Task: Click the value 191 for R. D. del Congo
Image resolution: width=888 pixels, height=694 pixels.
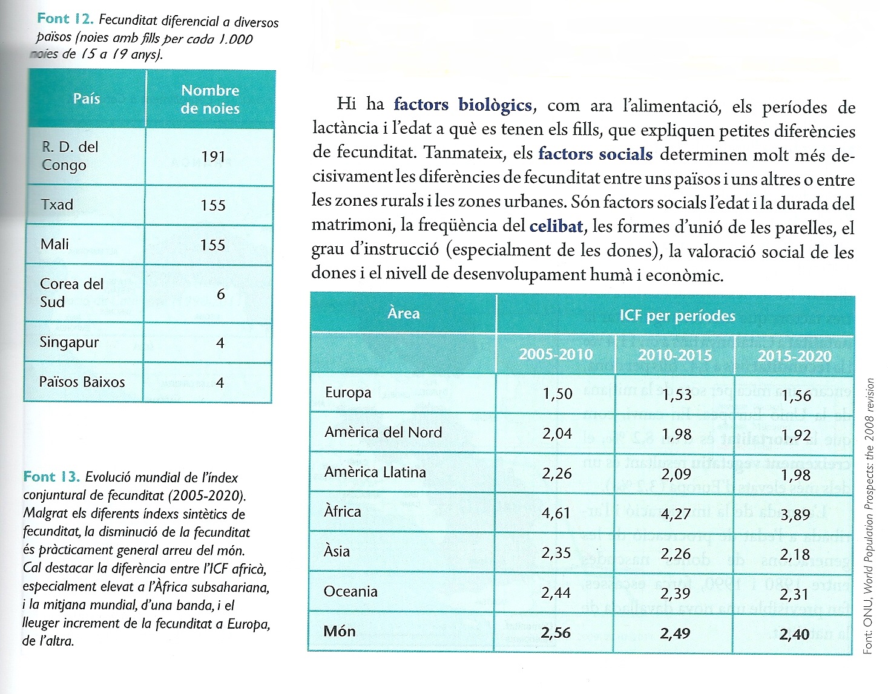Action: click(213, 157)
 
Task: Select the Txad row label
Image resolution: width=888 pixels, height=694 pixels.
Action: click(57, 205)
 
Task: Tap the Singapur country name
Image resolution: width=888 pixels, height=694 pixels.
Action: click(69, 342)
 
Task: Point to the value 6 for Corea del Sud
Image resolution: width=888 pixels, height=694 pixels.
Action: click(220, 294)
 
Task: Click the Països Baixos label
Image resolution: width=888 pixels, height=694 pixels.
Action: click(82, 382)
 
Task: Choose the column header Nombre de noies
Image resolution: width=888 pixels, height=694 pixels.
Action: click(210, 99)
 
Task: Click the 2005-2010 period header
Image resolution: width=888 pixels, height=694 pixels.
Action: click(555, 354)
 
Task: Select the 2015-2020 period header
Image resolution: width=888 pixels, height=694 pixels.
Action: click(794, 356)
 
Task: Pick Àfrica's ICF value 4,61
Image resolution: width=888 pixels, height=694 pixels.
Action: click(556, 513)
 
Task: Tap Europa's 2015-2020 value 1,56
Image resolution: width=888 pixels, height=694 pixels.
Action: click(795, 396)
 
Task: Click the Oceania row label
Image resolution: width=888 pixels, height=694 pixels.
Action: click(350, 591)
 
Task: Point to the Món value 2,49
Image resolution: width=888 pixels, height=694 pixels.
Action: click(675, 633)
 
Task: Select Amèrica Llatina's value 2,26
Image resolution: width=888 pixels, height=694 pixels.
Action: click(556, 473)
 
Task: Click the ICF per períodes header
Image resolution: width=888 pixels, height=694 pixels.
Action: click(677, 315)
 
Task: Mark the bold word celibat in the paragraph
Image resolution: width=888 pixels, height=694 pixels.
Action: click(556, 226)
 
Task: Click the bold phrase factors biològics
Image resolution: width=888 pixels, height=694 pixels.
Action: click(462, 105)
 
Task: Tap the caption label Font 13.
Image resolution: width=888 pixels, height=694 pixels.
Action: click(51, 477)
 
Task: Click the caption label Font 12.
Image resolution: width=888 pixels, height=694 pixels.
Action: click(65, 19)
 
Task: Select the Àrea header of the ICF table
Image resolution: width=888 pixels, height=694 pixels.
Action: click(403, 313)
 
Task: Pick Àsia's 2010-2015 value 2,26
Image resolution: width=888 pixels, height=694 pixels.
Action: click(676, 554)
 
